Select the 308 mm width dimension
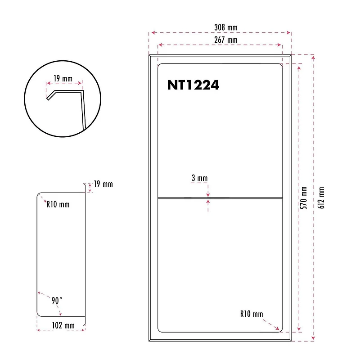pos(226,27)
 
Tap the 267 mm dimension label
pos(226,40)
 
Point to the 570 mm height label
pos(304,198)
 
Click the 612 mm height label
pos(321,198)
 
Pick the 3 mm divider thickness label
pos(200,178)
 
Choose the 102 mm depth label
pos(63,325)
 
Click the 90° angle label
pos(56,300)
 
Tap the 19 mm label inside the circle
pos(63,79)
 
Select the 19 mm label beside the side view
pos(103,184)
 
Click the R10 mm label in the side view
pos(58,204)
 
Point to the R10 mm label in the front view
pos(252,314)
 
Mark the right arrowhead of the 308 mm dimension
pos(289,33)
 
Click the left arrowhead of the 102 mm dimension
pos(38,330)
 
